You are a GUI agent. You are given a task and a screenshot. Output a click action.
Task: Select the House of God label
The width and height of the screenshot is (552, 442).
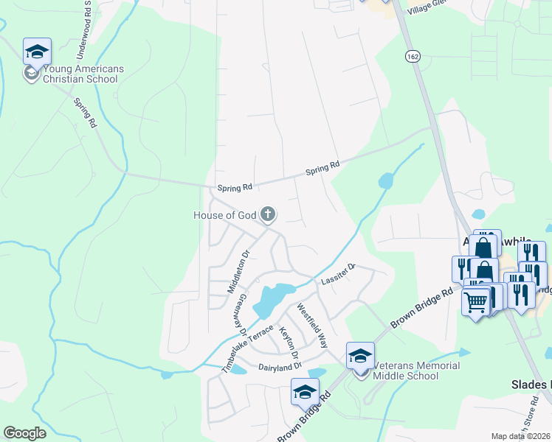[224, 215]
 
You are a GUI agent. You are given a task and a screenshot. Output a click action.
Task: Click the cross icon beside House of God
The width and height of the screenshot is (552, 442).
[268, 215]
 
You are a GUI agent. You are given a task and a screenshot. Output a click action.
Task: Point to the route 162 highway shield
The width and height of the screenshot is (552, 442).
[412, 56]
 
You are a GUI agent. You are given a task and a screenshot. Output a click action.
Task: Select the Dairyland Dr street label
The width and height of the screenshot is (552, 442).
[280, 366]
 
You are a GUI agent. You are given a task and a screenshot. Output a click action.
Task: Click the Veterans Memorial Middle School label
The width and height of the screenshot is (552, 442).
[416, 371]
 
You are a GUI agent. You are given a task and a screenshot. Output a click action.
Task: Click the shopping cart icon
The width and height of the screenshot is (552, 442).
[475, 301]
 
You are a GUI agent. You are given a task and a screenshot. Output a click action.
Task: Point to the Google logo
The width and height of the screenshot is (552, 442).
[24, 433]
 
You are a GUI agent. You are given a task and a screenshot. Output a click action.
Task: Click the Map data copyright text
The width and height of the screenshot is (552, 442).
[521, 436]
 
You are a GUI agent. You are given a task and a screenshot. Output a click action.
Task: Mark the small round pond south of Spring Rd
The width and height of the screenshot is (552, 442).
[385, 180]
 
